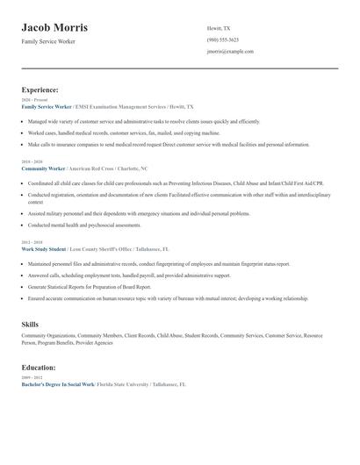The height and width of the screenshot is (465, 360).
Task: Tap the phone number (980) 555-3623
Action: click(x=222, y=39)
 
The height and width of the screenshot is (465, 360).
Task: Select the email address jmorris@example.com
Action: click(x=230, y=52)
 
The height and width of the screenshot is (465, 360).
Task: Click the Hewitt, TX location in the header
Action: click(x=219, y=28)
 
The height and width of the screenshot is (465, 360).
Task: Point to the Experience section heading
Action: click(x=40, y=89)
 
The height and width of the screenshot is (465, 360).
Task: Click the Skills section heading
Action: click(x=30, y=325)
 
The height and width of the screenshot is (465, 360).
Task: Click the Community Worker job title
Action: click(x=45, y=167)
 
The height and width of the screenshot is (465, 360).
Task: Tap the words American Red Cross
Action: click(x=94, y=167)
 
